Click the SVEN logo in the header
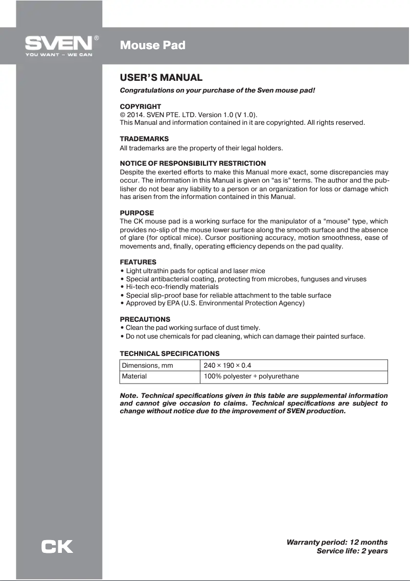[59, 42]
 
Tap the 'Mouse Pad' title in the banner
[152, 46]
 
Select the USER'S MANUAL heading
[161, 78]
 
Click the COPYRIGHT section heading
[140, 106]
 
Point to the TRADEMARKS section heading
[144, 139]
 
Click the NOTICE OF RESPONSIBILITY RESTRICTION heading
[193, 163]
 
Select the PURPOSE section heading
[136, 213]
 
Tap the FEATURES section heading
[138, 262]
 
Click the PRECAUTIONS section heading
[145, 319]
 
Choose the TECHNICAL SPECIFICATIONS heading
[170, 353]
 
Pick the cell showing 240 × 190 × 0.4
[227, 365]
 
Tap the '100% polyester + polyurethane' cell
[251, 376]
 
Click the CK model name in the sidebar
[57, 547]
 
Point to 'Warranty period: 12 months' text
[337, 542]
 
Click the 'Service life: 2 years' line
[352, 551]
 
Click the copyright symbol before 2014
[123, 115]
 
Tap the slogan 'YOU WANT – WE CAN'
[59, 55]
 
